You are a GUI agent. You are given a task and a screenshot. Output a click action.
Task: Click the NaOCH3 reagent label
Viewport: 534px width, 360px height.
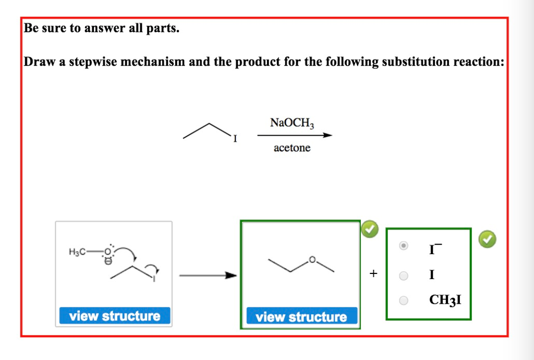pyautogui.click(x=292, y=124)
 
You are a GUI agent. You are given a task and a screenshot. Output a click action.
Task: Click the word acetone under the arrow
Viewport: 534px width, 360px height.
pyautogui.click(x=292, y=148)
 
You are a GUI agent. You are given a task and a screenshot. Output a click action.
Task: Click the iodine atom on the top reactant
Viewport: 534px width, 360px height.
pyautogui.click(x=235, y=139)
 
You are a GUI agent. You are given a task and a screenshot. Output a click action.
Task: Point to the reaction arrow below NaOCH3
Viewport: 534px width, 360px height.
pyautogui.click(x=295, y=136)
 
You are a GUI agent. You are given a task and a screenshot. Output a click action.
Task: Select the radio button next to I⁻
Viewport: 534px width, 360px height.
pyautogui.click(x=404, y=246)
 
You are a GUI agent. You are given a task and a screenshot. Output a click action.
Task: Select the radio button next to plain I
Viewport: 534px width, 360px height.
pyautogui.click(x=404, y=275)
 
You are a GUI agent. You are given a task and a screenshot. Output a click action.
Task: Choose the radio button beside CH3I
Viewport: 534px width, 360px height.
pyautogui.click(x=404, y=300)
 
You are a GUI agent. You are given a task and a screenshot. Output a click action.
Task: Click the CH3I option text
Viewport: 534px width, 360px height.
pyautogui.click(x=445, y=300)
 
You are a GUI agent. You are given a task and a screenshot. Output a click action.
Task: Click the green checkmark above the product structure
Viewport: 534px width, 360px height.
pyautogui.click(x=369, y=229)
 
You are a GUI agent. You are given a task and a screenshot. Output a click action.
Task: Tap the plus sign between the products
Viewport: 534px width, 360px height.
pyautogui.click(x=372, y=273)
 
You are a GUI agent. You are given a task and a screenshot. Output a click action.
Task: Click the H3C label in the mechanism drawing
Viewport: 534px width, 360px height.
pyautogui.click(x=77, y=253)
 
